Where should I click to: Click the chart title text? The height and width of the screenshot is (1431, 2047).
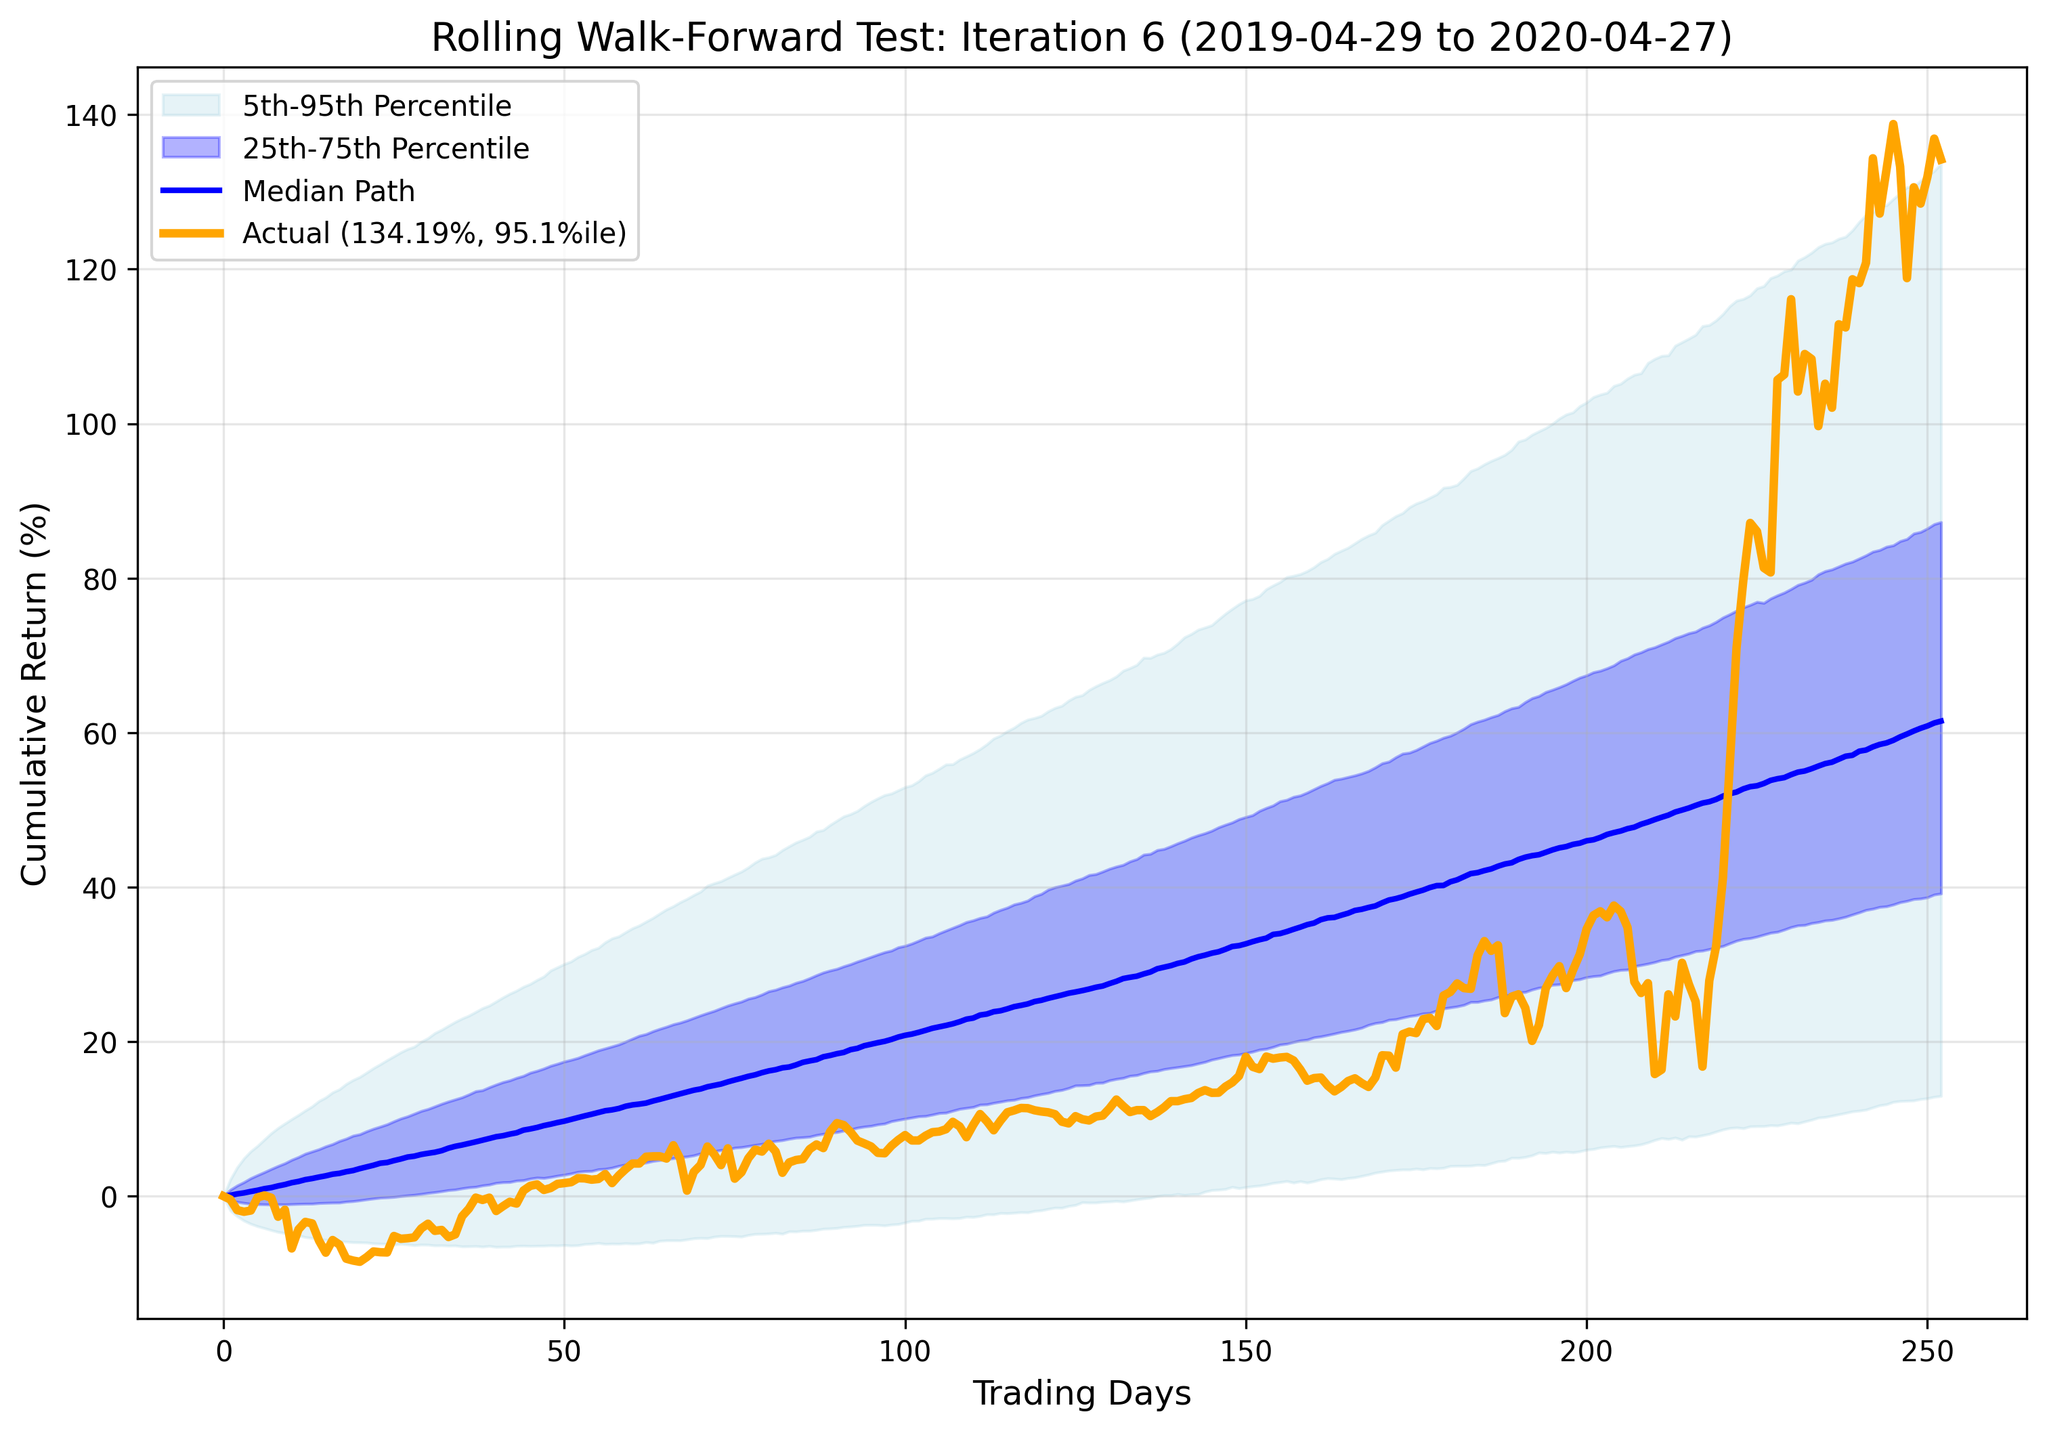[x=1081, y=39]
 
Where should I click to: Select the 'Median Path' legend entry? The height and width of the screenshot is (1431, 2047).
[x=328, y=191]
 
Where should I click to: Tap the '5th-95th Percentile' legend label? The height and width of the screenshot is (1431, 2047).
[x=376, y=106]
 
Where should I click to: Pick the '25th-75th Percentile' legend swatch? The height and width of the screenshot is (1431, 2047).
[x=191, y=148]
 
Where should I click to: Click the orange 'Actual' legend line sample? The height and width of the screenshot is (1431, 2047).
[x=191, y=234]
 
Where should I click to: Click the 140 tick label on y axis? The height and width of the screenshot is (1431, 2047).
[x=90, y=116]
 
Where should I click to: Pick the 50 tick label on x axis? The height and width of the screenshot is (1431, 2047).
[x=563, y=1352]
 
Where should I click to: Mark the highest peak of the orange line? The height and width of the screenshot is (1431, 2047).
[x=1893, y=124]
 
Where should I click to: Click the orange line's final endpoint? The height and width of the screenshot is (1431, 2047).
[x=1943, y=161]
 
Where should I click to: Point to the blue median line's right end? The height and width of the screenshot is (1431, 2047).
[x=1942, y=721]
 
